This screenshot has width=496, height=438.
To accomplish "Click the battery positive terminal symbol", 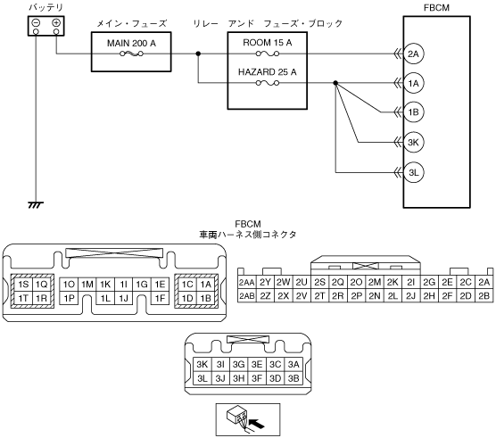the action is tap(56, 23).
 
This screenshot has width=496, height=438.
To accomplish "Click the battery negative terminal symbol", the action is tap(36, 23).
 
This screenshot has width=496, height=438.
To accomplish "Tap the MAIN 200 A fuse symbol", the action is tap(131, 54).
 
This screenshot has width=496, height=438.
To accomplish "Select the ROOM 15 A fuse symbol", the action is tap(268, 54).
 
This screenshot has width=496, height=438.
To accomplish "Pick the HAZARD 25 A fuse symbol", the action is tap(268, 83).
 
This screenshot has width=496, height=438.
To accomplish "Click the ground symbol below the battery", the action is tap(36, 205).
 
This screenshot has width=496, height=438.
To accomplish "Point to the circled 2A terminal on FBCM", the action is tap(414, 54).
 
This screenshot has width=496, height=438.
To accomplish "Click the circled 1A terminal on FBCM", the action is tap(414, 83).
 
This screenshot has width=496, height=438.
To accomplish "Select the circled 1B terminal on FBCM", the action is tap(414, 112).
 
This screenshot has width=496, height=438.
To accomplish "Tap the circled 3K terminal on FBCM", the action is tap(414, 143).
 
